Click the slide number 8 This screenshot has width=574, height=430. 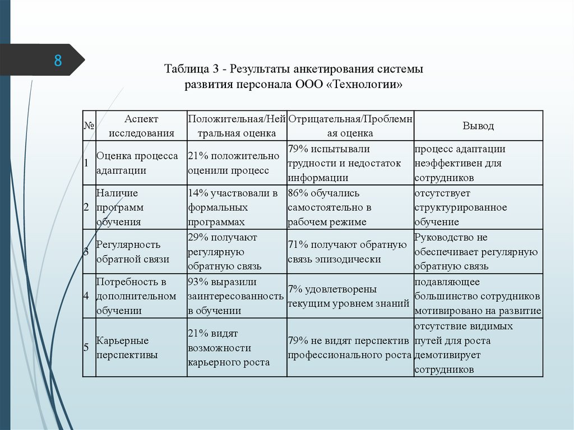click(58, 60)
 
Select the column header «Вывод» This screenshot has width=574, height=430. click(478, 126)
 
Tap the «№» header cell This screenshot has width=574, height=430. click(89, 126)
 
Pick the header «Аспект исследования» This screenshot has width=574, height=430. click(141, 126)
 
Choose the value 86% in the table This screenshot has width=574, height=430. click(298, 193)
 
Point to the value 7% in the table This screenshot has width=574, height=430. click(295, 289)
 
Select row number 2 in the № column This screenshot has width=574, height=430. click(86, 207)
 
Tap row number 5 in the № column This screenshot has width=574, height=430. click(86, 348)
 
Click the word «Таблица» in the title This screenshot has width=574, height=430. click(187, 70)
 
